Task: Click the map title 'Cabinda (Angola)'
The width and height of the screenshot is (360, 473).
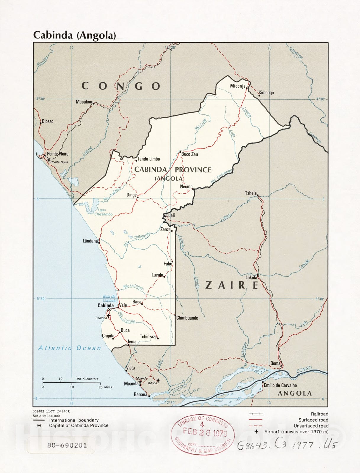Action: click(x=74, y=35)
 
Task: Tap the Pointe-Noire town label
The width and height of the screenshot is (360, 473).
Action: click(x=58, y=154)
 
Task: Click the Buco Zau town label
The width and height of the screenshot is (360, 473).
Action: click(x=190, y=154)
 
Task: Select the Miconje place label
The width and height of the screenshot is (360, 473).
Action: click(x=238, y=86)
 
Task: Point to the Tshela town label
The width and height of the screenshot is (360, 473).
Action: click(x=251, y=193)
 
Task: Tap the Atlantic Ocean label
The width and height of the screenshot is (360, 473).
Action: click(x=70, y=348)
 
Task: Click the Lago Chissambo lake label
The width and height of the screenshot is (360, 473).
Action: click(x=103, y=212)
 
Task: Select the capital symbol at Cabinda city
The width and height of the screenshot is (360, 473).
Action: click(x=109, y=309)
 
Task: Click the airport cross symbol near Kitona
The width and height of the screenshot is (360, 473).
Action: click(x=158, y=380)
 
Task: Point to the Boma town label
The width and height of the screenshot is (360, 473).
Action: click(x=275, y=363)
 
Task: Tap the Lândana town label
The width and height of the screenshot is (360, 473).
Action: click(x=90, y=241)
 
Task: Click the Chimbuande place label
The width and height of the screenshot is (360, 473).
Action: click(x=187, y=318)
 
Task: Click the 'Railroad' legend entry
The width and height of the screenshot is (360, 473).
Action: click(x=319, y=414)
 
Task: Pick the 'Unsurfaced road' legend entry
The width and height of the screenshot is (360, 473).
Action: click(x=311, y=426)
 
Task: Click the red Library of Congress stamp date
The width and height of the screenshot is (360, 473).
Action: click(x=205, y=432)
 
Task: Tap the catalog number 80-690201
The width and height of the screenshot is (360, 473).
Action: click(x=67, y=445)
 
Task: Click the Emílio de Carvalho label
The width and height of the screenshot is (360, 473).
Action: click(x=280, y=385)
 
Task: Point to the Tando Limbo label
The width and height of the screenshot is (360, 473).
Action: click(x=148, y=159)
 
